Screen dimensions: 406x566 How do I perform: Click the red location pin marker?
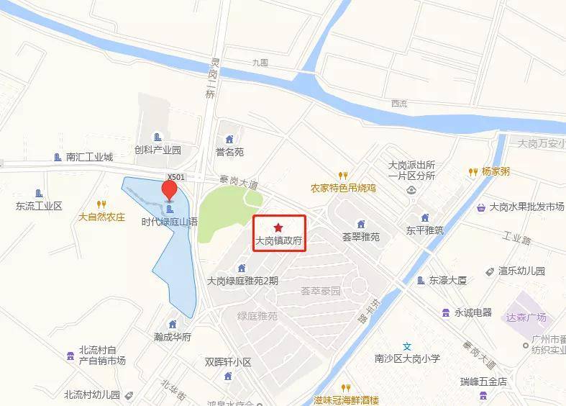tap(169, 190)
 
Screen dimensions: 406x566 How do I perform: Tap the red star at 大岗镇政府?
tap(279, 227)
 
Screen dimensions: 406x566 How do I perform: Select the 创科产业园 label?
tap(158, 150)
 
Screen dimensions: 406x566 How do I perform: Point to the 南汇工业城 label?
tap(89, 157)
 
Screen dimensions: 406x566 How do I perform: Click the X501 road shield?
tap(175, 176)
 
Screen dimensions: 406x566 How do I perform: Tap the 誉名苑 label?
tap(229, 152)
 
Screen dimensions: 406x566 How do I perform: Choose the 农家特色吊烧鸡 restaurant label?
tap(343, 188)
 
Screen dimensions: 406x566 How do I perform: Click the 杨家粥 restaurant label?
tap(496, 172)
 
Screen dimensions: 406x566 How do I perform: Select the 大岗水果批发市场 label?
tap(526, 207)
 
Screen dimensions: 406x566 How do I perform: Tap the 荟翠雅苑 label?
tap(360, 236)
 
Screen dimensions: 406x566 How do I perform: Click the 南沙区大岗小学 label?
tap(406, 358)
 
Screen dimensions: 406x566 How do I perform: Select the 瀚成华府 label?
tap(172, 336)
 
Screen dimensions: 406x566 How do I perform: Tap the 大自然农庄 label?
tap(101, 216)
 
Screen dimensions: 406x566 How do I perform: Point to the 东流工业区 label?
tap(40, 206)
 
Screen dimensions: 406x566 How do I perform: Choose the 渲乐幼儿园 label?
tap(521, 271)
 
